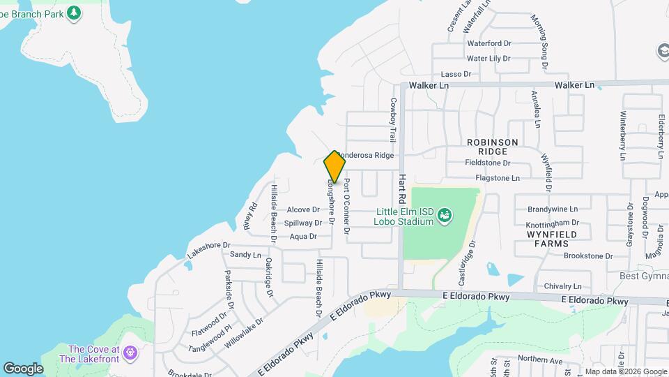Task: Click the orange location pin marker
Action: (x=334, y=167)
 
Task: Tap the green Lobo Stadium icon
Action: (x=444, y=217)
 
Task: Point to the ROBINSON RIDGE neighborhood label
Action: (x=493, y=147)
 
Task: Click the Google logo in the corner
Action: (x=23, y=369)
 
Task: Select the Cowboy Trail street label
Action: (x=393, y=120)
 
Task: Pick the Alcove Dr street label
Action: (x=303, y=209)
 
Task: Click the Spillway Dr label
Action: (x=303, y=223)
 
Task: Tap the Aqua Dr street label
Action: (x=303, y=237)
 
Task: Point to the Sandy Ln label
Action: (x=245, y=255)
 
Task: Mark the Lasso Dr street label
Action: (x=456, y=74)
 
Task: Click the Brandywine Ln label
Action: (x=553, y=209)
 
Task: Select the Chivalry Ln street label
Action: (x=562, y=286)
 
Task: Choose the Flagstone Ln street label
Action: (x=497, y=178)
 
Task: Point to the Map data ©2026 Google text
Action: (x=625, y=371)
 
